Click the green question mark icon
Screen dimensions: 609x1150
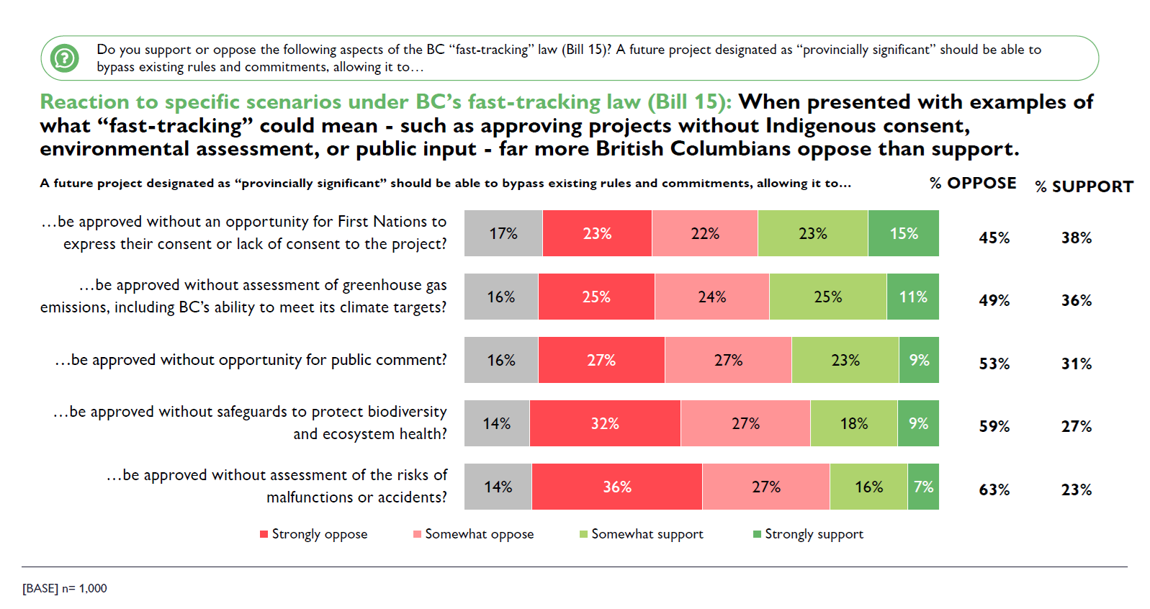65,58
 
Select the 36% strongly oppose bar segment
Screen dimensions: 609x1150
617,487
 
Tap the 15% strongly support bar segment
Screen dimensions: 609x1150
904,233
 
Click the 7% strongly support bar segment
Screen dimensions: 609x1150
923,487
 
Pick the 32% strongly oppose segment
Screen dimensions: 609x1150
605,423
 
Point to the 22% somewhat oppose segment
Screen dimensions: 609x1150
705,233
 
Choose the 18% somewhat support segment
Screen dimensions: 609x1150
854,423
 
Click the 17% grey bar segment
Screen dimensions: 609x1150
503,233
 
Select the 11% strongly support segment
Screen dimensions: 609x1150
913,297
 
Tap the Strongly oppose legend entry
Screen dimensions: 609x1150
314,534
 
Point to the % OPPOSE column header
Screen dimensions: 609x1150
973,184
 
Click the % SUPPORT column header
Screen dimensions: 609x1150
1084,186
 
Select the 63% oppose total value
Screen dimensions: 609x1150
994,490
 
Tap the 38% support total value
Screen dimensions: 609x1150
1077,238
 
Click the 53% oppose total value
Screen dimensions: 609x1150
994,364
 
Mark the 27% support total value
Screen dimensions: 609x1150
1077,427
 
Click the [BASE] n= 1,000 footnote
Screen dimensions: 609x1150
65,589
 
